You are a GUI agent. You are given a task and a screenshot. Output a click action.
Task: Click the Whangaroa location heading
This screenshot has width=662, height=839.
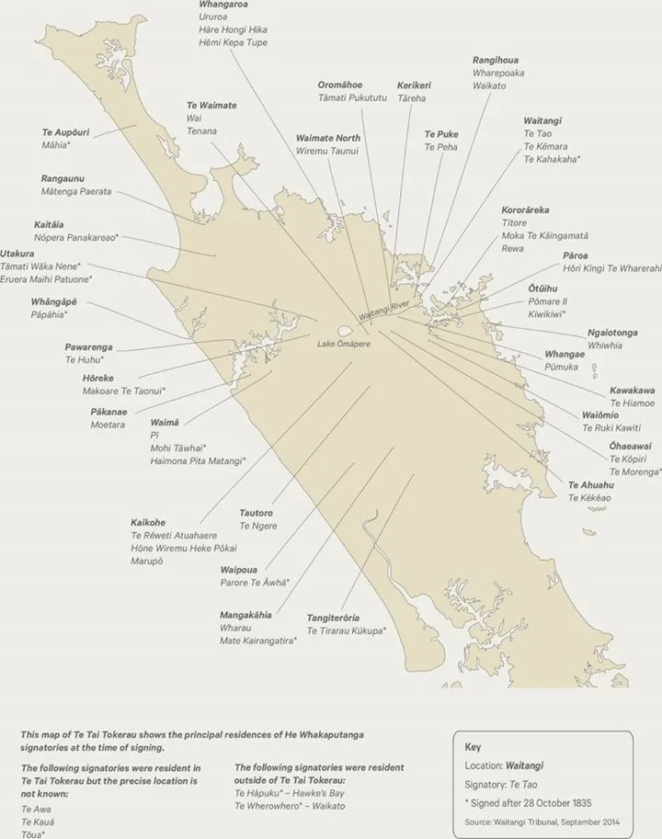coord(224,6)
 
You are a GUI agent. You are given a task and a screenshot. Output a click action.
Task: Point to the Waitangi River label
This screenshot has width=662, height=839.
coord(386,311)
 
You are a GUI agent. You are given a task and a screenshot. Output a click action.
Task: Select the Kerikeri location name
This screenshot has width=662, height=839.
coord(414,85)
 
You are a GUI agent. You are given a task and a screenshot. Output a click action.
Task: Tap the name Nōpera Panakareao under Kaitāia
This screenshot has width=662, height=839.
coord(76,237)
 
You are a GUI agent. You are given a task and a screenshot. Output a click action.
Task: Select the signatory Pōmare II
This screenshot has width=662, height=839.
coord(548,301)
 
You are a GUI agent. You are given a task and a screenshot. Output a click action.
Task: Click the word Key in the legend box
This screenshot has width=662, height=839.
coord(472,747)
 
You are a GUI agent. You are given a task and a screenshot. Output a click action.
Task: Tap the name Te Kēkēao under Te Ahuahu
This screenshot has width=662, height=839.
coord(589,497)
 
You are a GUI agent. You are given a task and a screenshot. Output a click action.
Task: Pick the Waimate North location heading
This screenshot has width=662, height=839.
coord(328,138)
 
